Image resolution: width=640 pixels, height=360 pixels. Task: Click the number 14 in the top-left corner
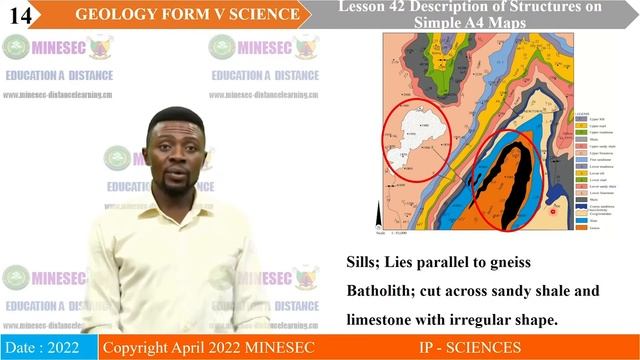click(19, 14)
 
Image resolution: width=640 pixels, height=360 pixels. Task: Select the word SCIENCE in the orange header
click(262, 14)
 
